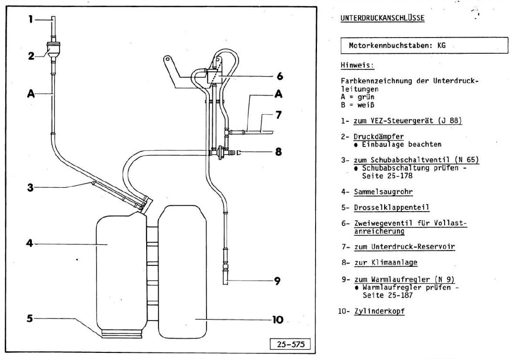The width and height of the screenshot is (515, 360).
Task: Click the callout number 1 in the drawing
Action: pos(30,19)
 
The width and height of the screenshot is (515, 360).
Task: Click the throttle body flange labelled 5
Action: pos(122,333)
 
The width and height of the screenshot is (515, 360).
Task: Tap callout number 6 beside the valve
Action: pos(279,76)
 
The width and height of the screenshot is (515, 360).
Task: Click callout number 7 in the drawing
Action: pos(279,116)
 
